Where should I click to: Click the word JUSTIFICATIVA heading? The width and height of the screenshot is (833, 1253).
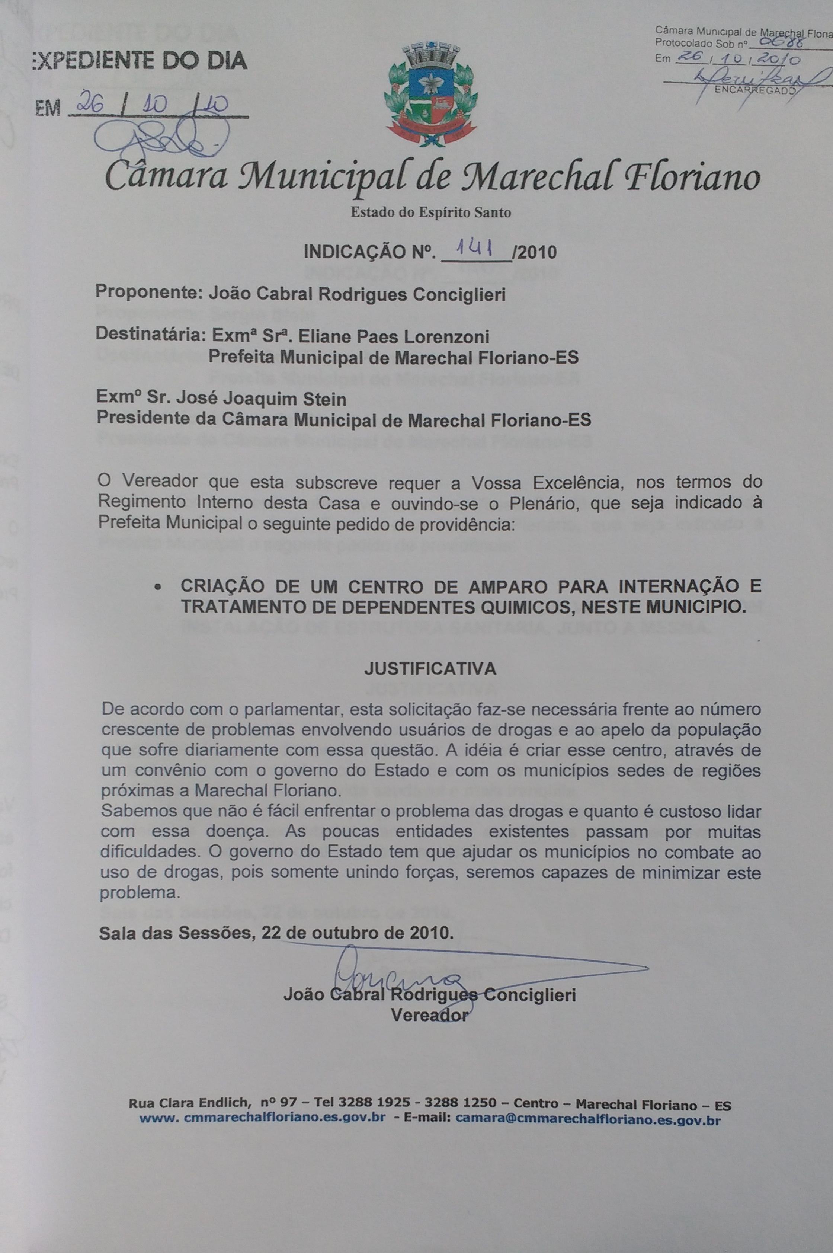click(x=430, y=668)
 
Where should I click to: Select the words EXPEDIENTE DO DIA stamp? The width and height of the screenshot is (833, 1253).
click(x=139, y=61)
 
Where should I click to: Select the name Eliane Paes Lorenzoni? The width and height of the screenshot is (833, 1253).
click(x=403, y=336)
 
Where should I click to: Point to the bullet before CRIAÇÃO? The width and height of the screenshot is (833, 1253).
click(x=157, y=588)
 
